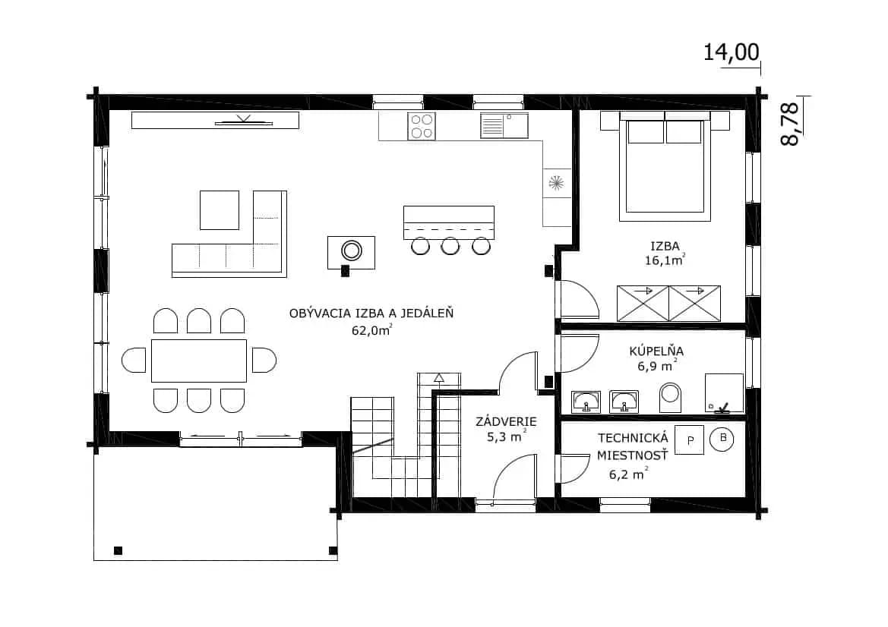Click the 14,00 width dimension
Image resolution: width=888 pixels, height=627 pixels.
(731, 52)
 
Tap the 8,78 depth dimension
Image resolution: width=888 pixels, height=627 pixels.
(789, 124)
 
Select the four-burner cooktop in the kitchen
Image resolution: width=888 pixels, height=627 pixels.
(422, 126)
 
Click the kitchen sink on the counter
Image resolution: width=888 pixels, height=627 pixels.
(504, 125)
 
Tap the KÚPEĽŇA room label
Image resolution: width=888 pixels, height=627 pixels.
(656, 351)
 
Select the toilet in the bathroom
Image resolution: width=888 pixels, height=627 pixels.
(671, 397)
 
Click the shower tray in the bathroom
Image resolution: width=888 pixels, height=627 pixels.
(724, 392)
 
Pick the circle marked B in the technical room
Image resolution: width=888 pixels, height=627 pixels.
(722, 439)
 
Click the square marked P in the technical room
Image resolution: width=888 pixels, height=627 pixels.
(690, 440)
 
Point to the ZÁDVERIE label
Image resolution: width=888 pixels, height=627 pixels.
(507, 421)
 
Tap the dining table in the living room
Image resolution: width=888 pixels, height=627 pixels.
(199, 361)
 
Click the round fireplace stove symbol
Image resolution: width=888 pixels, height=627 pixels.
(351, 250)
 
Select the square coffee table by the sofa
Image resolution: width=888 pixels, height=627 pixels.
(220, 210)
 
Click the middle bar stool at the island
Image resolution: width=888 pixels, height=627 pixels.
(450, 246)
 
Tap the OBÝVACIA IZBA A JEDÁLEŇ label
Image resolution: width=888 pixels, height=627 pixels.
(371, 313)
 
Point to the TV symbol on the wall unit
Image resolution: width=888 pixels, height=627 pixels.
(244, 121)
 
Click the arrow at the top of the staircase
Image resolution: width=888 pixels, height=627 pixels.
(439, 377)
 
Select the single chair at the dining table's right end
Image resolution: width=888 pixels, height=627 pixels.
(264, 361)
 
